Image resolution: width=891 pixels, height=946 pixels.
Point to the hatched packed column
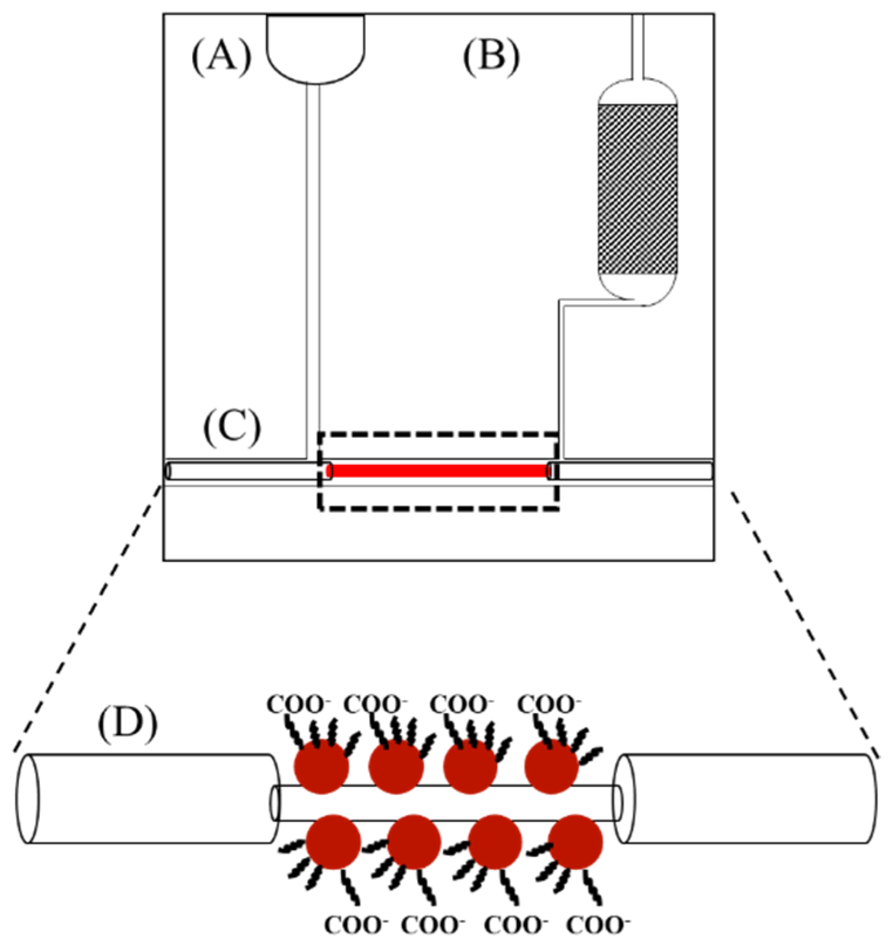click(637, 188)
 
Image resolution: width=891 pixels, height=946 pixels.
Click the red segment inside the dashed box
click(439, 471)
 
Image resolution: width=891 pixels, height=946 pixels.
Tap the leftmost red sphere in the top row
click(321, 766)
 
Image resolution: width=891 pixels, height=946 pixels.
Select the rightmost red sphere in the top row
click(551, 767)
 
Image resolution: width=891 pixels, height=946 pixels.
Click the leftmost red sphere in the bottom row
click(333, 842)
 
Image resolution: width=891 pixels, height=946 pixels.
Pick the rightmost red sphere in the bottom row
click(575, 842)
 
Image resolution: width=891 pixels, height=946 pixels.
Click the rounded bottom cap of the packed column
click(637, 289)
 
